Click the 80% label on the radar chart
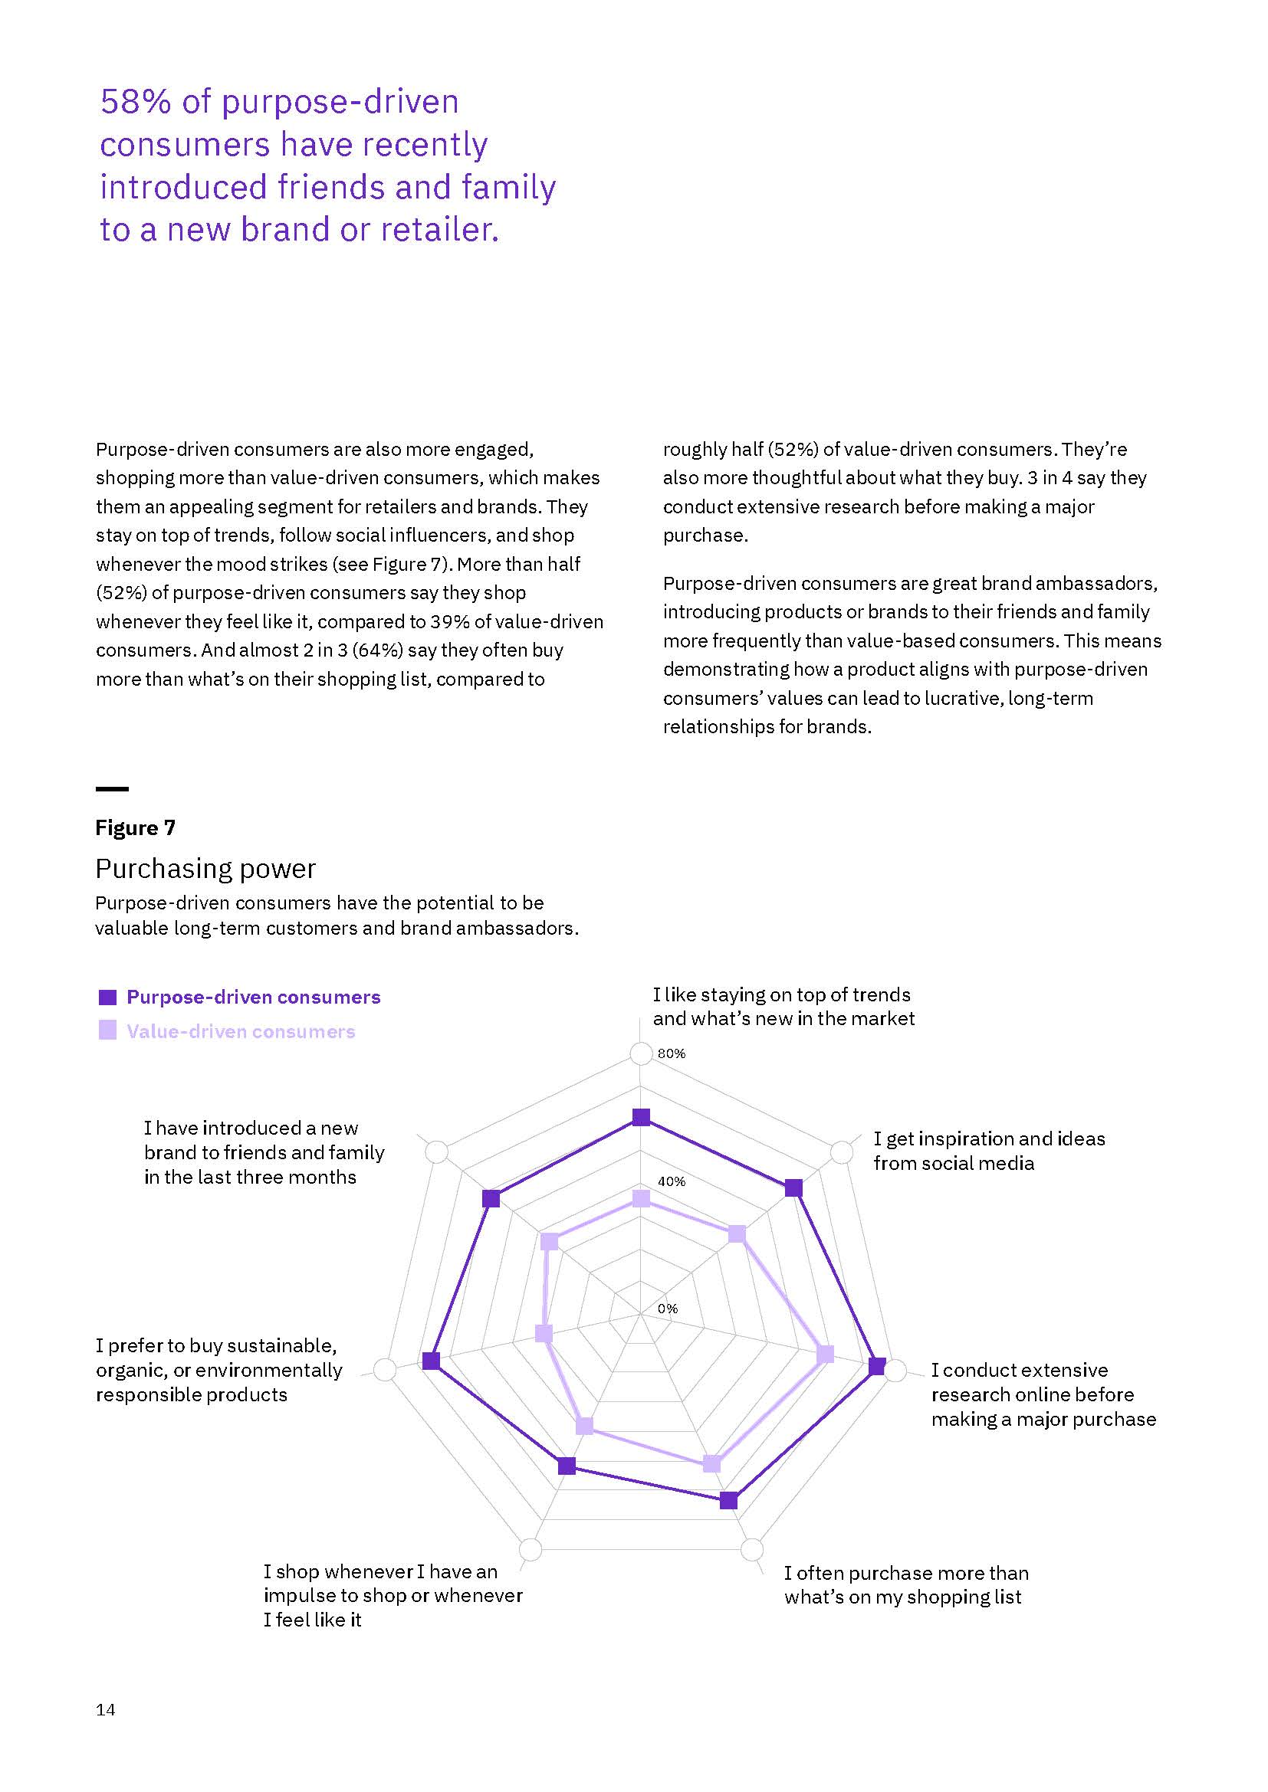pyautogui.click(x=671, y=1053)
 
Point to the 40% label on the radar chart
pyautogui.click(x=671, y=1181)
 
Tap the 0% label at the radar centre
pyautogui.click(x=668, y=1309)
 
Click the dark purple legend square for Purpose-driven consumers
pyautogui.click(x=108, y=998)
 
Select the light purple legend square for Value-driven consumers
pyautogui.click(x=108, y=1031)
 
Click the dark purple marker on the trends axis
pyautogui.click(x=641, y=1118)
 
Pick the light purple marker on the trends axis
pyautogui.click(x=641, y=1198)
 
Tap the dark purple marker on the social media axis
pyautogui.click(x=793, y=1188)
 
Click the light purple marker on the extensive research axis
pyautogui.click(x=826, y=1354)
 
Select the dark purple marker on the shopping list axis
pyautogui.click(x=728, y=1500)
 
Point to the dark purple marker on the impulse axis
pyautogui.click(x=567, y=1466)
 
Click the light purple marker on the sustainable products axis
pyautogui.click(x=544, y=1334)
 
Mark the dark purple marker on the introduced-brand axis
pyautogui.click(x=491, y=1199)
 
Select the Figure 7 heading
pyautogui.click(x=135, y=828)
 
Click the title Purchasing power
pyautogui.click(x=205, y=869)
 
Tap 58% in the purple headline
pyautogui.click(x=135, y=102)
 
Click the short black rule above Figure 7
pyautogui.click(x=112, y=789)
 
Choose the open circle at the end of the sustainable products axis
pyautogui.click(x=384, y=1370)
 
